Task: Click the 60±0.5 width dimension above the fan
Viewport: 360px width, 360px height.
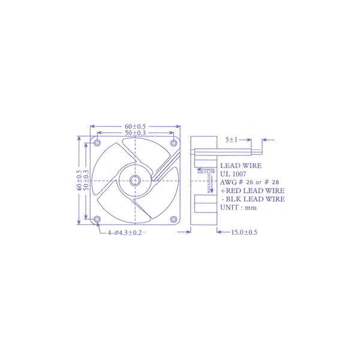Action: tap(136, 127)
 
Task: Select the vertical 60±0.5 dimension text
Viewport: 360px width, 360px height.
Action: tap(79, 180)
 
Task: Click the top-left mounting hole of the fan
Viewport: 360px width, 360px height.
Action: tap(98, 142)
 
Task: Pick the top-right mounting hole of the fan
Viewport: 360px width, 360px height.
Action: tap(173, 142)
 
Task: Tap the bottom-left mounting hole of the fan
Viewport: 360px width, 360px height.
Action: tap(98, 218)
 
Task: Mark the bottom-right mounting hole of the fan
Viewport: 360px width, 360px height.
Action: tap(173, 218)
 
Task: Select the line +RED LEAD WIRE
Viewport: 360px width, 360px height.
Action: tap(252, 190)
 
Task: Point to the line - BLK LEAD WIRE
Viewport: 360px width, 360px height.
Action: tap(253, 199)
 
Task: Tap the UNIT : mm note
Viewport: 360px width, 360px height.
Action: tap(238, 208)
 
